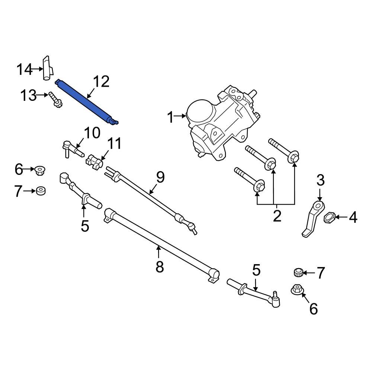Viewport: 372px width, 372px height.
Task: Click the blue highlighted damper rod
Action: (87, 101)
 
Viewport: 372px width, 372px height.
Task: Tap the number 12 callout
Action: (101, 82)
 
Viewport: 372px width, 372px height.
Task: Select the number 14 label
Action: (25, 69)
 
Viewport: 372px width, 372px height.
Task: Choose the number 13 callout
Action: (29, 96)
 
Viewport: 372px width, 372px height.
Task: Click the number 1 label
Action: (171, 118)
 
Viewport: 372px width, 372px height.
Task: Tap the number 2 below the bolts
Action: (277, 216)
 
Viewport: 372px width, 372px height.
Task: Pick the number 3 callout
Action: (321, 181)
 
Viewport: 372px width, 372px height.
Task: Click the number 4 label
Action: (352, 218)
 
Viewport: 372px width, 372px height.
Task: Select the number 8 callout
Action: (160, 266)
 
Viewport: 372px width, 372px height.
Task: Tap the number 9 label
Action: (160, 177)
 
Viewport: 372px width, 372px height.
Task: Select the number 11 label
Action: (115, 143)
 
